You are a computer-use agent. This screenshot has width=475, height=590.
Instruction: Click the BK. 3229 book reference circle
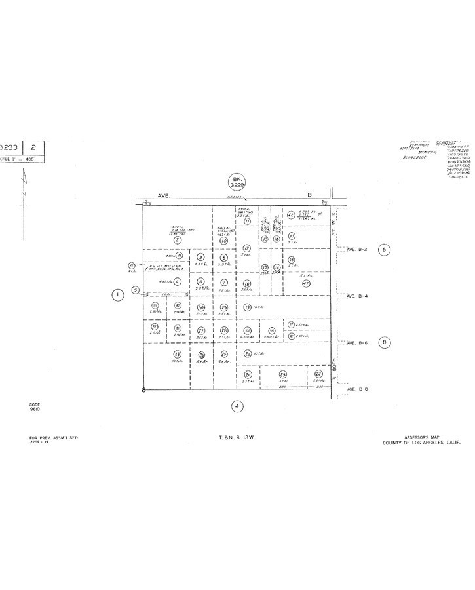pos(236,182)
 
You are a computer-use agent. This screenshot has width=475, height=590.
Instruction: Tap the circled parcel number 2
pos(177,241)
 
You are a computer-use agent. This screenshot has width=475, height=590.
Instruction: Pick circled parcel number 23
pos(283,374)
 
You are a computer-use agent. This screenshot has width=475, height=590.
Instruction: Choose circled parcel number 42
pos(290,214)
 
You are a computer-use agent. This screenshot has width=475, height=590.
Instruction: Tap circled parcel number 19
pos(247,307)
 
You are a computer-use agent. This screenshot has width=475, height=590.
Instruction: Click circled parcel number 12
pos(246,248)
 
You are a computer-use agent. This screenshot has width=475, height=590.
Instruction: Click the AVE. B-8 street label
pos(357,389)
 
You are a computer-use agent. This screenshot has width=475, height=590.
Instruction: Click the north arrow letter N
pos(24,195)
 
